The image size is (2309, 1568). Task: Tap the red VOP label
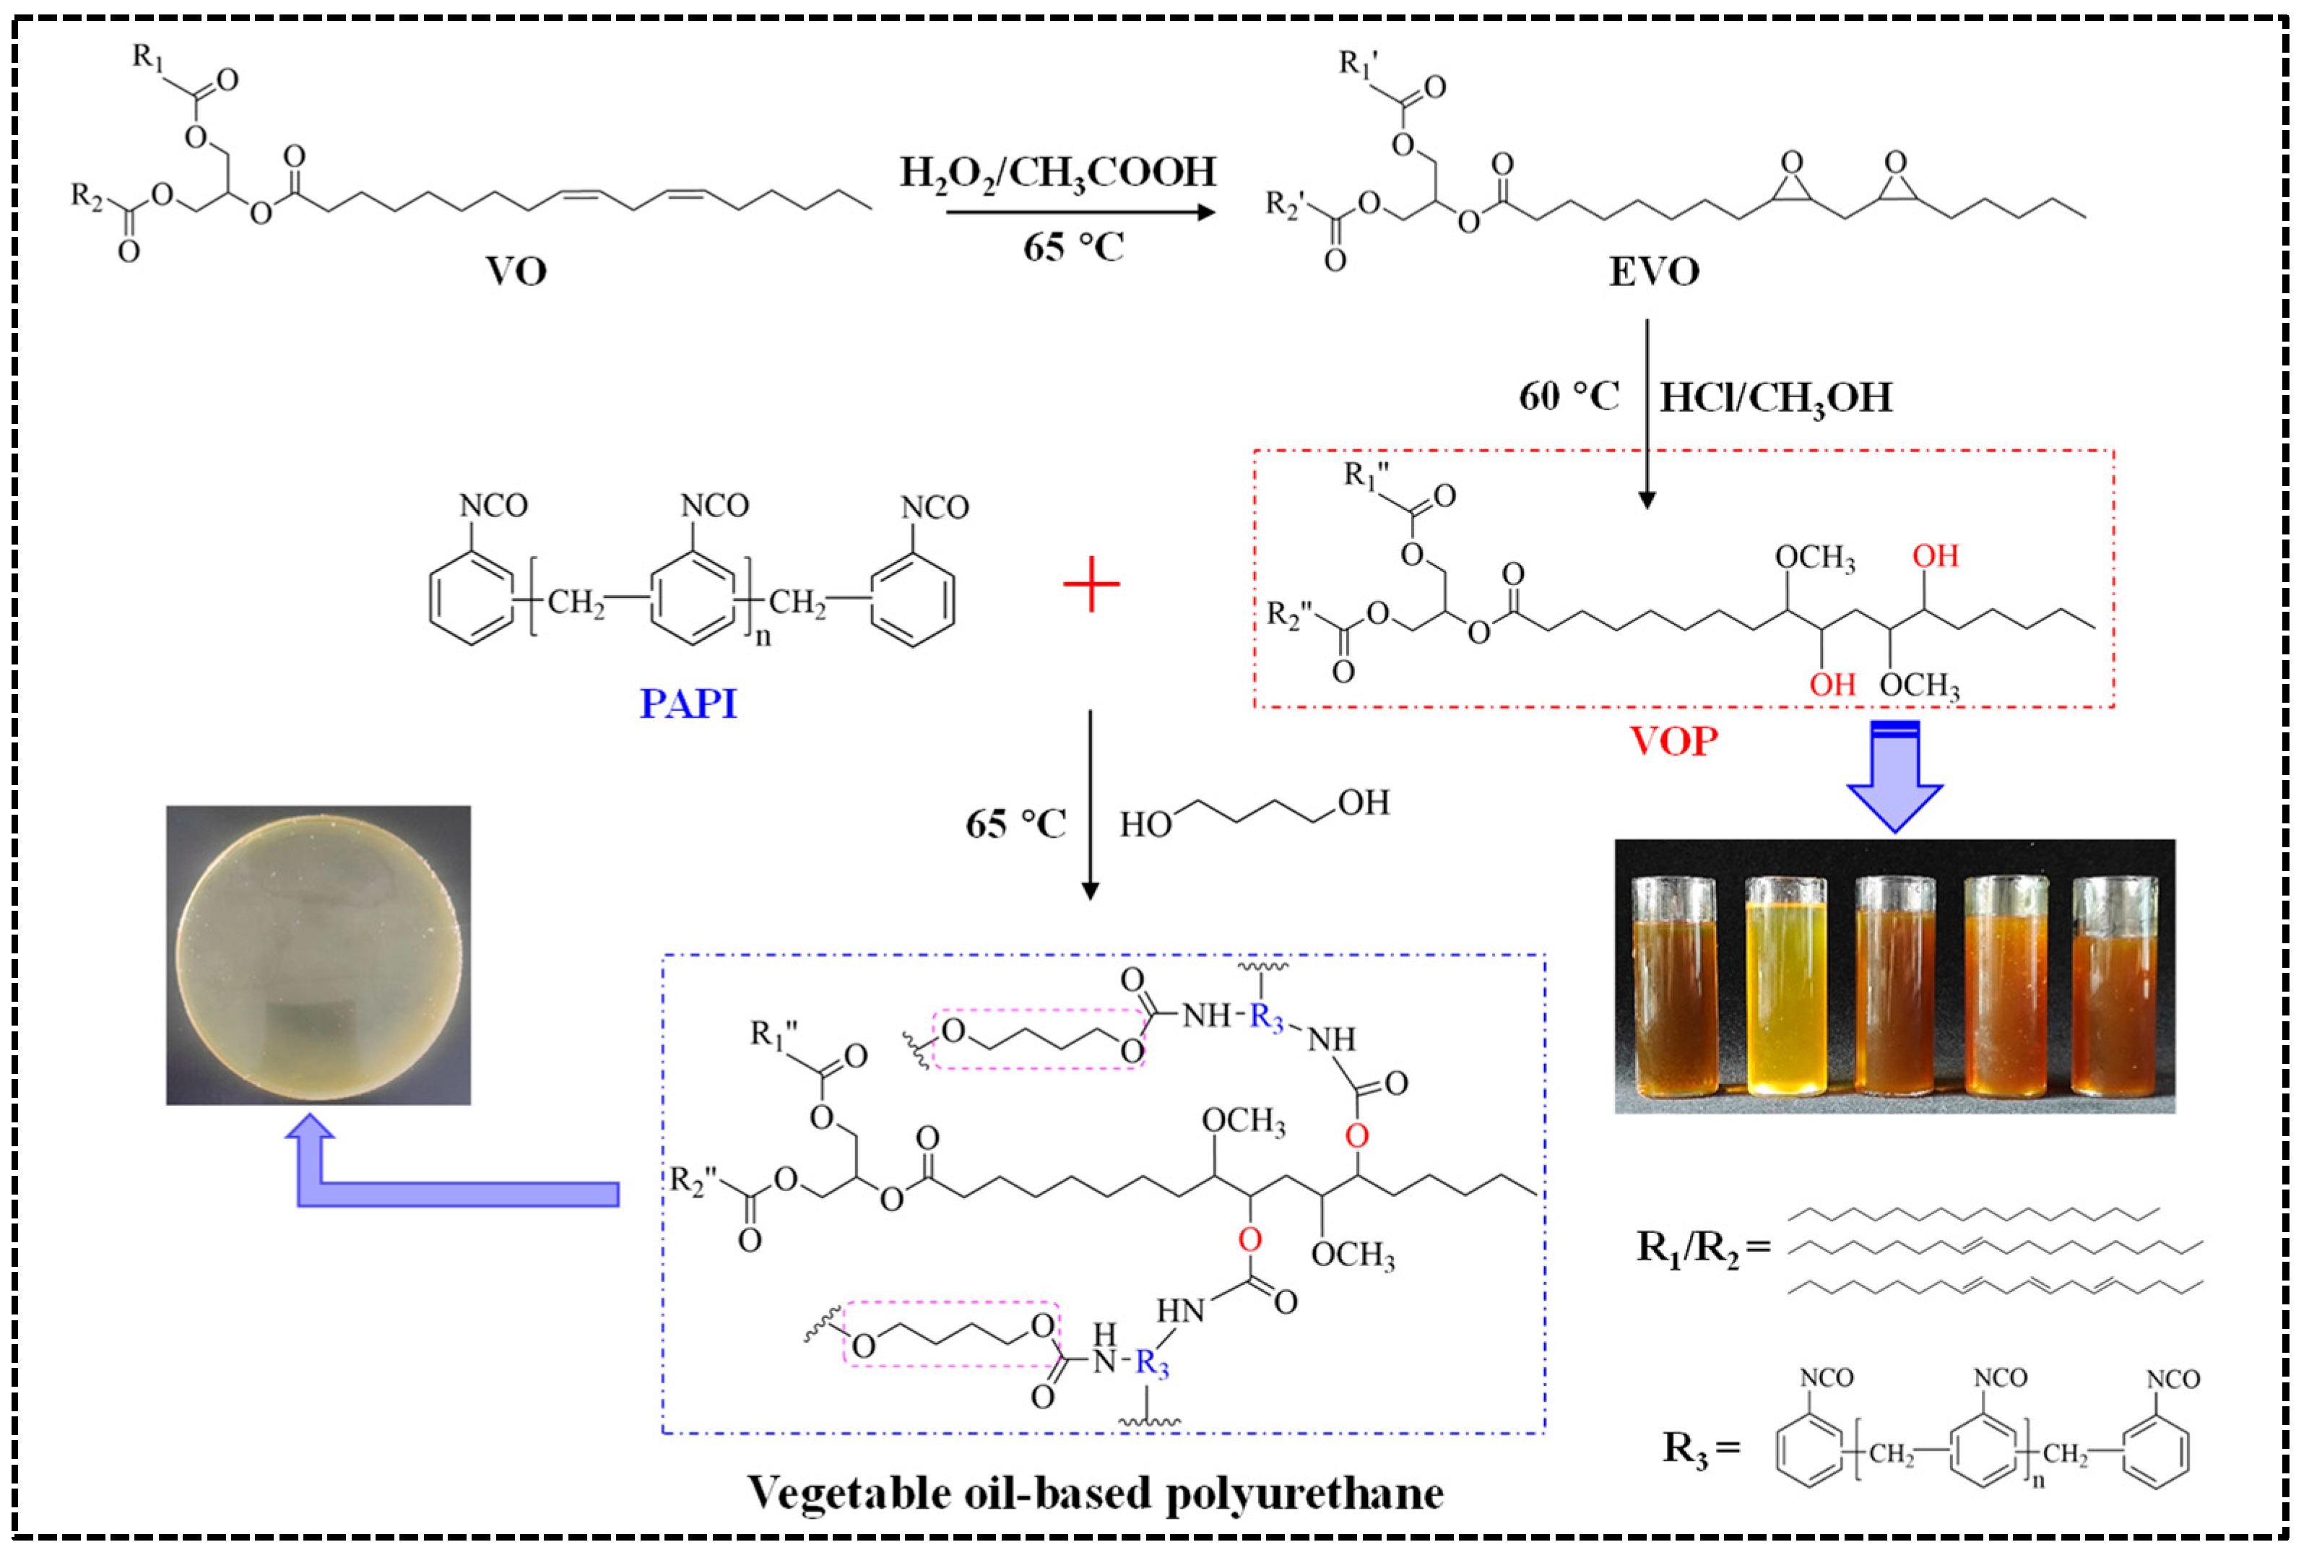point(1673,741)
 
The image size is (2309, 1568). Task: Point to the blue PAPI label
point(688,703)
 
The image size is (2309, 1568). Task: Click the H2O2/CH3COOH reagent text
point(1058,173)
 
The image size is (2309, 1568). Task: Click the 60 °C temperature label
point(1568,397)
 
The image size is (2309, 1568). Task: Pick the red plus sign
point(1091,584)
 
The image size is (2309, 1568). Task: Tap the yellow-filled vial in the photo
point(1785,987)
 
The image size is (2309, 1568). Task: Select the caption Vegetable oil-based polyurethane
point(1095,1492)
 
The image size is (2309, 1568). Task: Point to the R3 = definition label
point(1701,1448)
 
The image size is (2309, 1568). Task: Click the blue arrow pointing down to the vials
point(1894,776)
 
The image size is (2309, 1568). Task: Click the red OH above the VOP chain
point(1934,556)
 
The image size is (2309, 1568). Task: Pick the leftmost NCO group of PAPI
point(493,506)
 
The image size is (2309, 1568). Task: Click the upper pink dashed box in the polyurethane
point(1039,1039)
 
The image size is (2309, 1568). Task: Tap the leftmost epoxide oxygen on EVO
point(1791,163)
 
